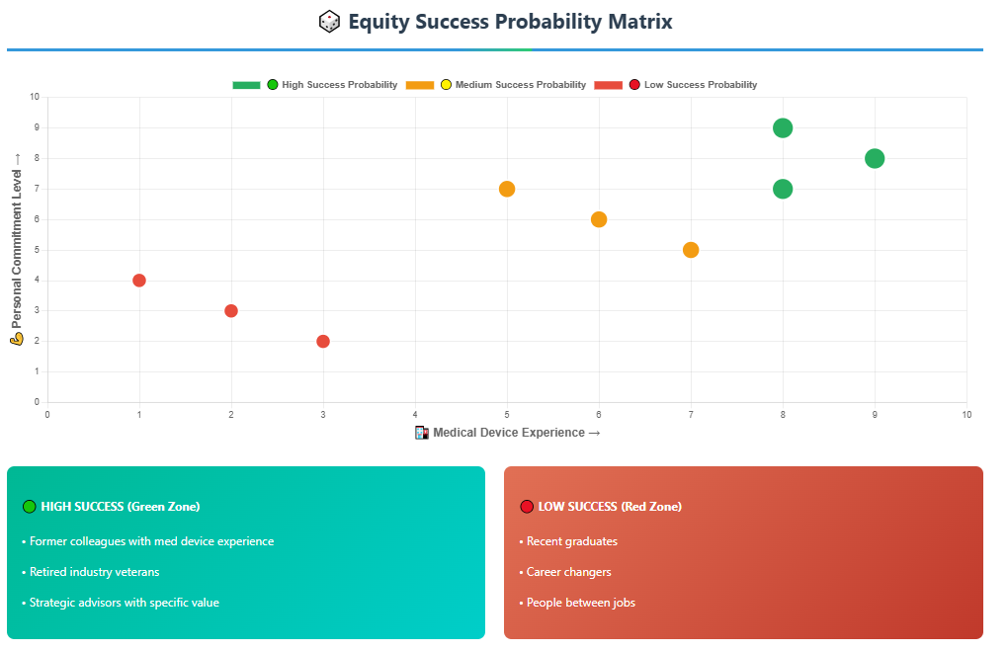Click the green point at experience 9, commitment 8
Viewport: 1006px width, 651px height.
coord(875,158)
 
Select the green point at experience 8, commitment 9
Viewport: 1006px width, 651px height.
coord(783,128)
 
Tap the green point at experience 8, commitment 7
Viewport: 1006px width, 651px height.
coord(783,190)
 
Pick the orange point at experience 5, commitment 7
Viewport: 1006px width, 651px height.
coord(507,190)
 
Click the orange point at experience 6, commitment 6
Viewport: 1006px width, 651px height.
coord(599,219)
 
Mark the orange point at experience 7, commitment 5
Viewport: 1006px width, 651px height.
coord(691,250)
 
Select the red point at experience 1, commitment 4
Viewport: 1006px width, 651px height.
coord(139,281)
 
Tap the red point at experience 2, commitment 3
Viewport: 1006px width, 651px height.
coord(231,311)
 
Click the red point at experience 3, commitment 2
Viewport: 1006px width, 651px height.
coord(323,341)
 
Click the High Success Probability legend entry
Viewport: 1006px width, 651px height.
coord(315,85)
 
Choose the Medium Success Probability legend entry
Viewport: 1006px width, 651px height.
coord(496,85)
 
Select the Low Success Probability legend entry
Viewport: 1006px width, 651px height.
coord(676,85)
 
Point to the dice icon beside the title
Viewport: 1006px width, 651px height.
coord(330,22)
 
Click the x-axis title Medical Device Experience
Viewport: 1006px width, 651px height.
coord(508,433)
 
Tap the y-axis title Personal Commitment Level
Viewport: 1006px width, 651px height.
coord(17,250)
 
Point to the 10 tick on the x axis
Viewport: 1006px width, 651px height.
coord(966,415)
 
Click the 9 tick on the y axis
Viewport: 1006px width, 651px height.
coord(37,127)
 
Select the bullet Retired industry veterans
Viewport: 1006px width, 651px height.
coord(91,572)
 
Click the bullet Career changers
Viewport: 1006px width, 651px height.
coord(565,572)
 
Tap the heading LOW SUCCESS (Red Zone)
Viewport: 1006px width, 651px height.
coord(601,507)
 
